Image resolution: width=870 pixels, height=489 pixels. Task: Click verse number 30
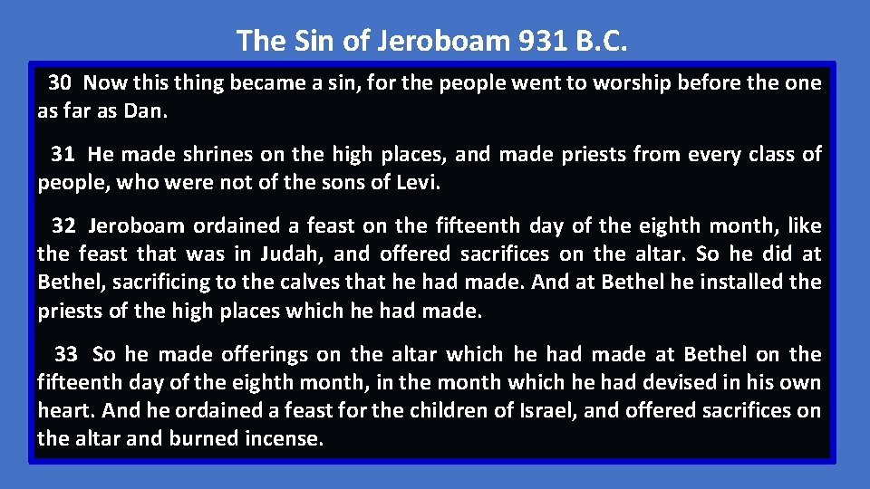point(61,83)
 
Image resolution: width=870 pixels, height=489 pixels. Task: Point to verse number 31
point(63,155)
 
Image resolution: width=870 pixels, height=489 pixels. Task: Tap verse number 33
point(66,354)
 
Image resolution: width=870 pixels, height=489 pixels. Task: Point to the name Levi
point(416,183)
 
